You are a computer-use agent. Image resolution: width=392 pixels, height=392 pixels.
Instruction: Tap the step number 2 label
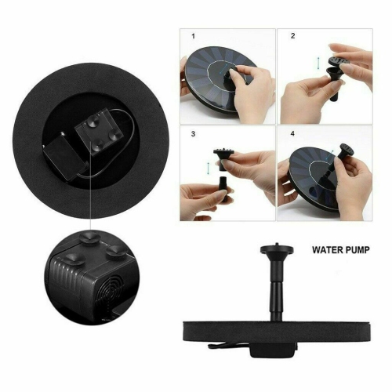(x=292, y=37)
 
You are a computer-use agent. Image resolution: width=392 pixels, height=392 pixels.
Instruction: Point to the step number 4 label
(x=292, y=135)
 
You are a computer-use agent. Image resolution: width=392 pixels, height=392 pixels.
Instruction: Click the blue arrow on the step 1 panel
(x=235, y=74)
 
